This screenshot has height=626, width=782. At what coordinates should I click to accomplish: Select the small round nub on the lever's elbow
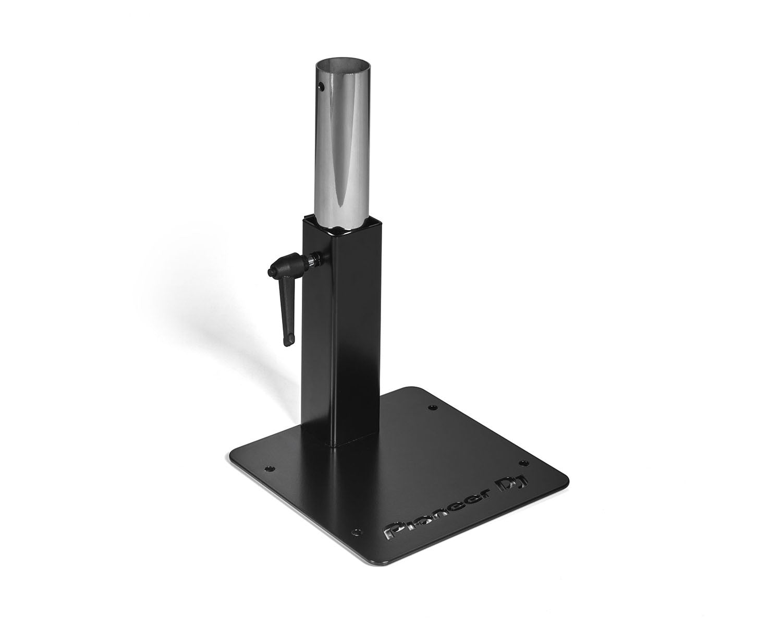pyautogui.click(x=270, y=272)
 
